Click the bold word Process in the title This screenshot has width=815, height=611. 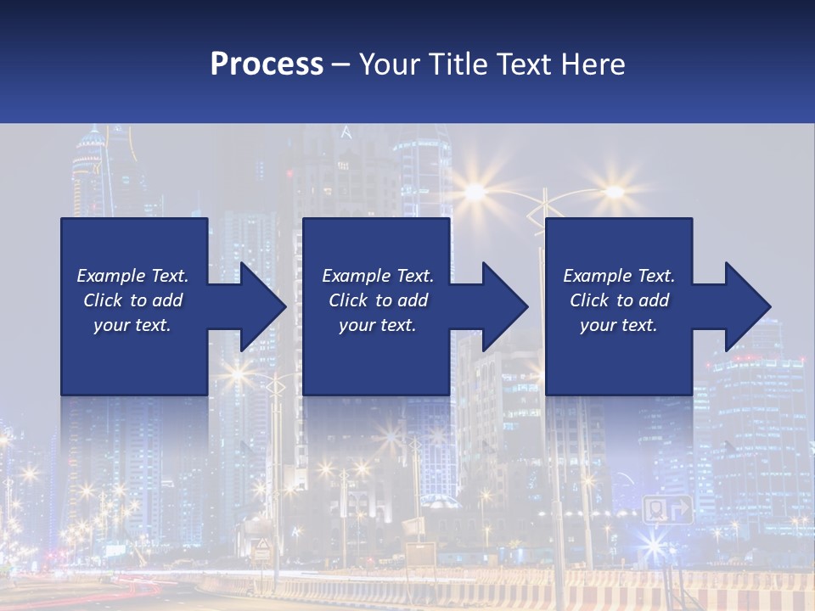click(x=267, y=64)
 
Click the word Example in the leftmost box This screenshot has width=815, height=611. click(x=110, y=276)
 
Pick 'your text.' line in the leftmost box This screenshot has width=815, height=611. click(x=132, y=325)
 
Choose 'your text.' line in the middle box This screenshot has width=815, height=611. click(x=377, y=325)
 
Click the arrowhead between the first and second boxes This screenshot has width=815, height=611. click(x=261, y=306)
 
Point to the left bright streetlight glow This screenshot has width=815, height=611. click(x=475, y=192)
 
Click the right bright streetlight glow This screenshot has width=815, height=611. click(x=613, y=192)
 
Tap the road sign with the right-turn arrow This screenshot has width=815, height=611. click(x=667, y=510)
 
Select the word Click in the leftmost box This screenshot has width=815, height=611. click(x=103, y=300)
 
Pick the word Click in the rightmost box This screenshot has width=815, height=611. click(x=589, y=300)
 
